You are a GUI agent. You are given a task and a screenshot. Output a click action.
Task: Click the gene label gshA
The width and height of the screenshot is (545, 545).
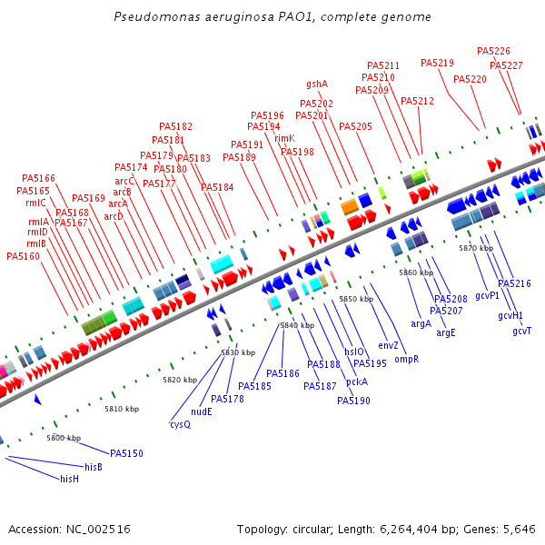(x=317, y=84)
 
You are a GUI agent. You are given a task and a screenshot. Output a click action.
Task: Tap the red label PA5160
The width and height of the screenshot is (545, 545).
(x=24, y=256)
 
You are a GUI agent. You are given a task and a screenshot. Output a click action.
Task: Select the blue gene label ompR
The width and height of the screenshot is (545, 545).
(x=406, y=359)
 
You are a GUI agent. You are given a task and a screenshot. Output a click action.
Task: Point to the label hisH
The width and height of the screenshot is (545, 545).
(x=70, y=478)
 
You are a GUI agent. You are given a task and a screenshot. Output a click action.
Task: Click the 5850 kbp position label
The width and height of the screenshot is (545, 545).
(x=356, y=299)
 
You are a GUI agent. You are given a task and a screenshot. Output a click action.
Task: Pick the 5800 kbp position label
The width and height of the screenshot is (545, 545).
(x=64, y=438)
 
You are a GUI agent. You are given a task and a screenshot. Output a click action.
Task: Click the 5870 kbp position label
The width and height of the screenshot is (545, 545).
(x=476, y=247)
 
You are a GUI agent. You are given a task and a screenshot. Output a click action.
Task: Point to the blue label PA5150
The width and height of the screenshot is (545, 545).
(x=126, y=453)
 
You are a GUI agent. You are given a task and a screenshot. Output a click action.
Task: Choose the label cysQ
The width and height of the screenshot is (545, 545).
(x=180, y=424)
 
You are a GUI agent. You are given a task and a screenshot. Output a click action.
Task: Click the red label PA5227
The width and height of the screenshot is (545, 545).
(x=506, y=65)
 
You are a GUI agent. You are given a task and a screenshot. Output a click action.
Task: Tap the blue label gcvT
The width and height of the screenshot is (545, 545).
(x=521, y=331)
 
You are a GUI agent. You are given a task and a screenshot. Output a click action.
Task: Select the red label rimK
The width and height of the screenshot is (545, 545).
(x=284, y=138)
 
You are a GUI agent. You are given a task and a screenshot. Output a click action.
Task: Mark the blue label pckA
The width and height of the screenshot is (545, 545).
(x=357, y=381)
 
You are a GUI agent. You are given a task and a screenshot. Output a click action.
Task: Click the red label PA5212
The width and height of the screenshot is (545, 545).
(x=417, y=101)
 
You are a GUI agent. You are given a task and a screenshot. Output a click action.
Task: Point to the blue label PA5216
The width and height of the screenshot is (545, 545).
(x=514, y=283)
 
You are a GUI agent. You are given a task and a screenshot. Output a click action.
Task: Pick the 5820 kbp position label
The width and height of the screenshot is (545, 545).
(x=180, y=380)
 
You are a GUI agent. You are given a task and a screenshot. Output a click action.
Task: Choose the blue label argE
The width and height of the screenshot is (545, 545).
(x=446, y=332)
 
